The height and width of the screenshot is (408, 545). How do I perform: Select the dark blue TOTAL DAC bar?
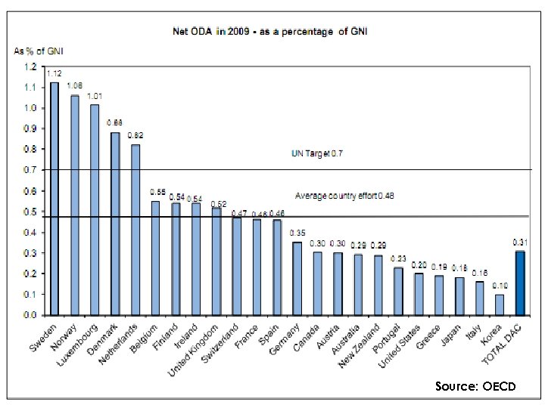tap(520, 283)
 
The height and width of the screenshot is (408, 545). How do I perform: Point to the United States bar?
tap(419, 294)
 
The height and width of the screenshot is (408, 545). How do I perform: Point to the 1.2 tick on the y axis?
tap(30, 66)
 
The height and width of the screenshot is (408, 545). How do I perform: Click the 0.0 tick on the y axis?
tap(30, 314)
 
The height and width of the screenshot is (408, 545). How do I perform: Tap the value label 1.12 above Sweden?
tap(54, 74)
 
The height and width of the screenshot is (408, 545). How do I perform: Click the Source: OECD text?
tap(475, 386)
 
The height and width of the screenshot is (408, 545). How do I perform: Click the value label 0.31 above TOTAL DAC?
tap(520, 243)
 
